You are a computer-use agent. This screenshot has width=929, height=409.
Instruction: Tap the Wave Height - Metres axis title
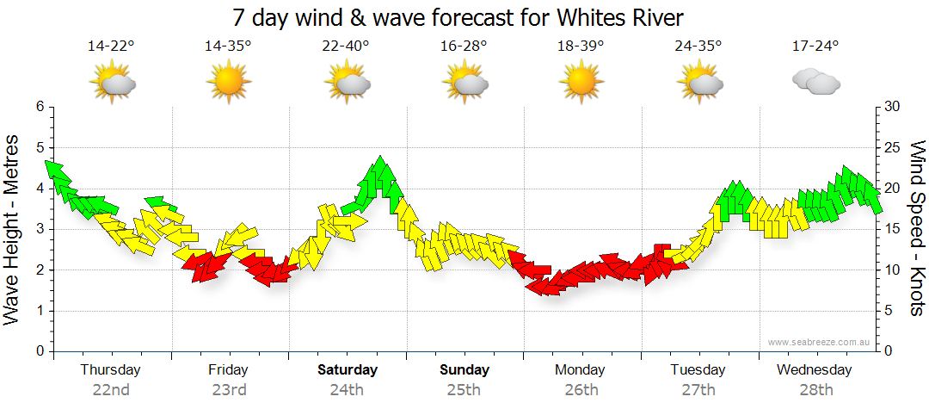[x=12, y=229]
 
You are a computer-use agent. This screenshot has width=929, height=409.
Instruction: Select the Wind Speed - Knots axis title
[x=917, y=229]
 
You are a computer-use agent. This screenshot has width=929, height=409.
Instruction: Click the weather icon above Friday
[x=228, y=83]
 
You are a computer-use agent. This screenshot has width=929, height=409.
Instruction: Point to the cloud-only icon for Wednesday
[x=815, y=82]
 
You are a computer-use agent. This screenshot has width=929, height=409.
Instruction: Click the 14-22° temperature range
[x=111, y=46]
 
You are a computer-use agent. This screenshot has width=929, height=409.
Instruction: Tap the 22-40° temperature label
[x=346, y=46]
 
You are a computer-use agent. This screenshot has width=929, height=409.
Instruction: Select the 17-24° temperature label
[x=815, y=46]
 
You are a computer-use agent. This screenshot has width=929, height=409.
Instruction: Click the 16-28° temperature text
[x=464, y=46]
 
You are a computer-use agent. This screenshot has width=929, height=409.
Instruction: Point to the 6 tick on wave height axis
[x=39, y=107]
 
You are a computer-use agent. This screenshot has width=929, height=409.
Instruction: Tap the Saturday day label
[x=348, y=370]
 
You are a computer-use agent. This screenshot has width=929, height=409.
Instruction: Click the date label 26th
[x=581, y=390]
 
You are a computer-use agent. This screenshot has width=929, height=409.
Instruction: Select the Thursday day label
[x=110, y=370]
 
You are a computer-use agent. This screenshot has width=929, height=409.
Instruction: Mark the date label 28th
[x=815, y=390]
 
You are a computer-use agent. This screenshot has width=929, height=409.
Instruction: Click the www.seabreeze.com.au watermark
[x=820, y=342]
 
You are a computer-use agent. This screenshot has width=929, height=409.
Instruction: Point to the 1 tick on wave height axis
[x=39, y=311]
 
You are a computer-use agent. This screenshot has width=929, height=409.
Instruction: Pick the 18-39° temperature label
[x=580, y=46]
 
